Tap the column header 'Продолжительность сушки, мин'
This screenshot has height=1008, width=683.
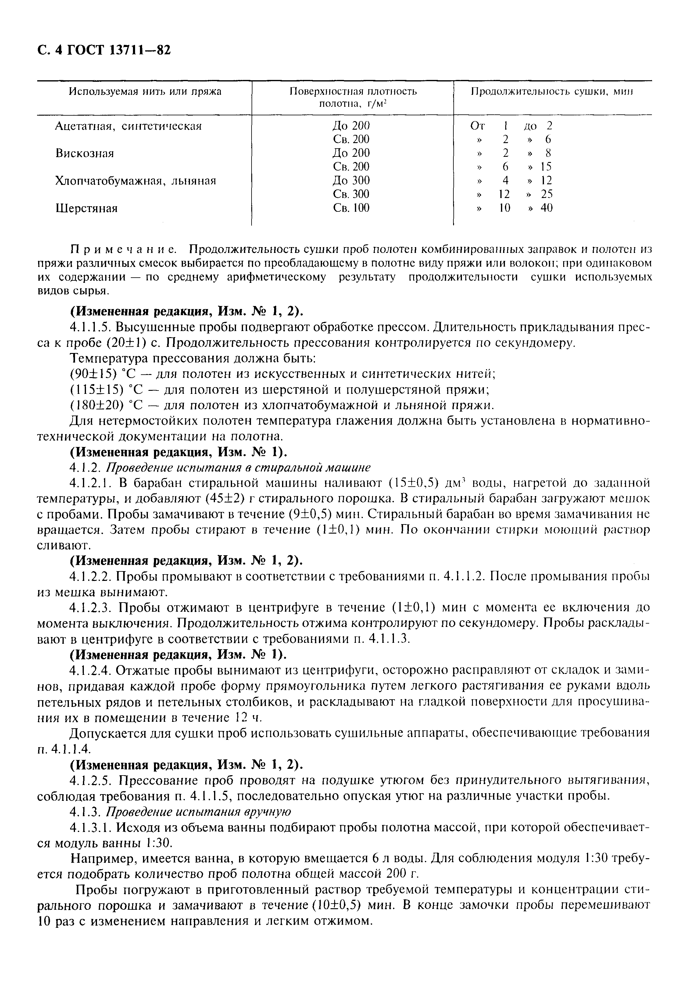coord(552,92)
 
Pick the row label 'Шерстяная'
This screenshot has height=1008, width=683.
coord(86,209)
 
